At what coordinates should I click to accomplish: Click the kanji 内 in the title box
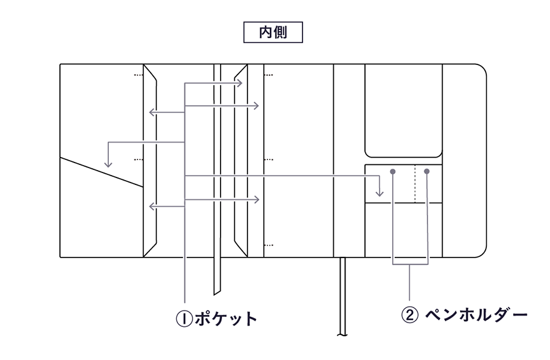click(266, 32)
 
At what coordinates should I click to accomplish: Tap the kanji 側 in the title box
click(280, 32)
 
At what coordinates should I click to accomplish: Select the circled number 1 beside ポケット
click(184, 319)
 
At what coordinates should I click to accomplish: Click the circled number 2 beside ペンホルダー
click(409, 315)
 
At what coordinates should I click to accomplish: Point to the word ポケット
click(226, 319)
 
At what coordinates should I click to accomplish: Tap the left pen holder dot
click(393, 172)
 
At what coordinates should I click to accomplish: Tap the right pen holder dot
click(426, 171)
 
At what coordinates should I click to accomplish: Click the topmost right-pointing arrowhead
click(239, 83)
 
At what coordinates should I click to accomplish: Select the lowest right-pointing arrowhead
click(256, 199)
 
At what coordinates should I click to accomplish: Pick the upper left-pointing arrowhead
click(152, 112)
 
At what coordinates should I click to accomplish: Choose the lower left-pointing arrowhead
click(152, 206)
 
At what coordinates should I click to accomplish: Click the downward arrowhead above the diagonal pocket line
click(108, 164)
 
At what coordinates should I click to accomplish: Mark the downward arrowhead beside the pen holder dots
click(379, 193)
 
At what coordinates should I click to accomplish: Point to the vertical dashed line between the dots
click(415, 184)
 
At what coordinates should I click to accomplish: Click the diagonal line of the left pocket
click(102, 172)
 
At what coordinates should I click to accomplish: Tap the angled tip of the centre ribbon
click(217, 292)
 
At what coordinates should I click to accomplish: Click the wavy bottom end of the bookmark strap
click(342, 335)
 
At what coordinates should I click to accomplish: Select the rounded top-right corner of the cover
click(481, 70)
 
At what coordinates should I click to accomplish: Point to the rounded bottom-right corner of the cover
click(481, 251)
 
